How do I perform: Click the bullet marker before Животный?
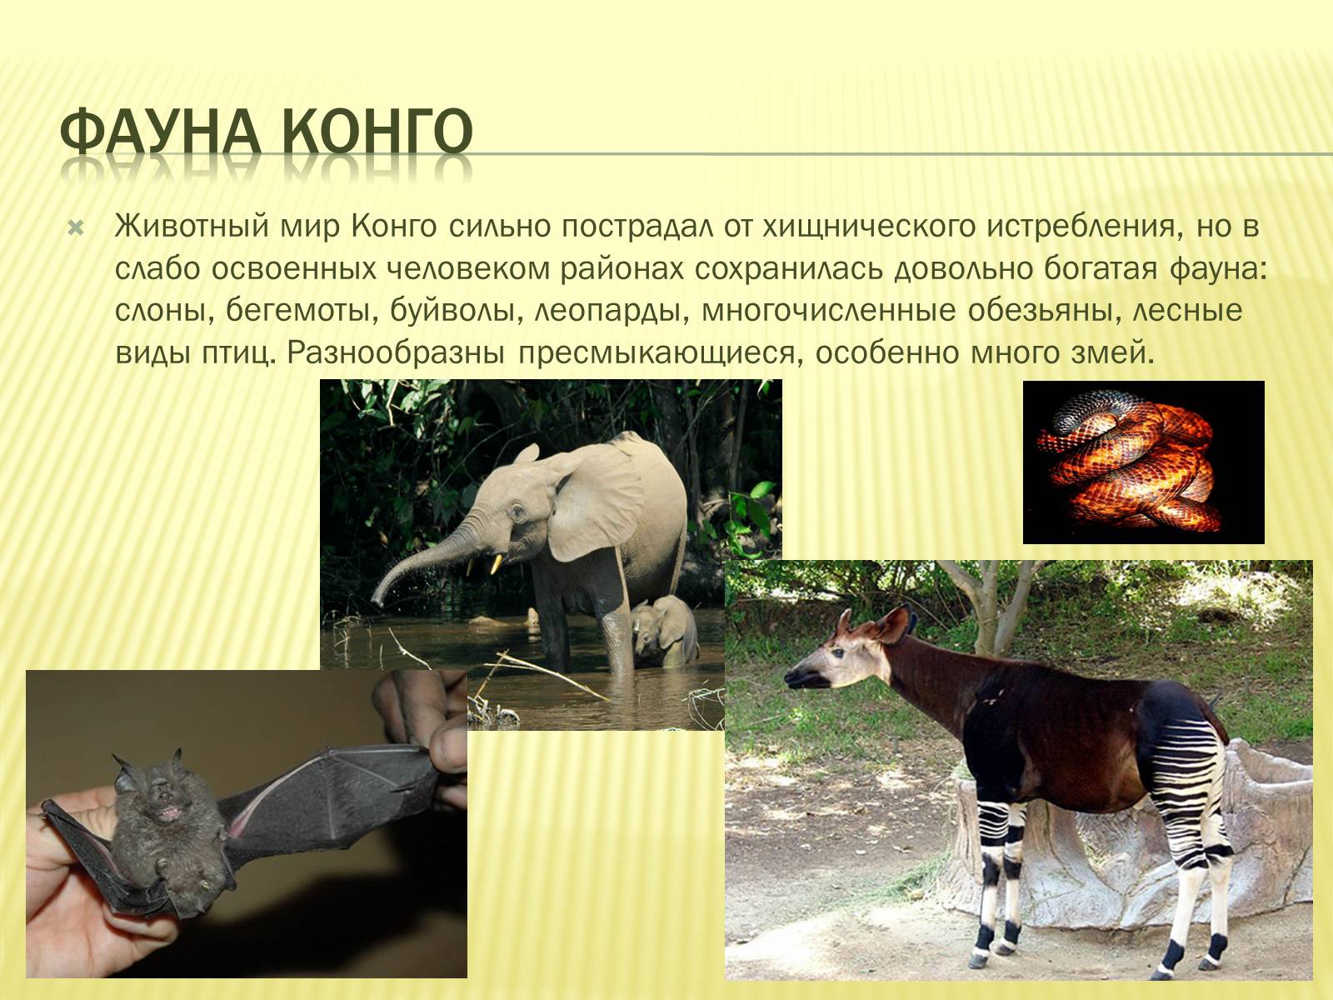[x=76, y=229]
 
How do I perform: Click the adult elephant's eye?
[x=517, y=512]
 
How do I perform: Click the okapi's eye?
[x=839, y=653]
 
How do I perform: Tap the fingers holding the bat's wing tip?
[x=425, y=722]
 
